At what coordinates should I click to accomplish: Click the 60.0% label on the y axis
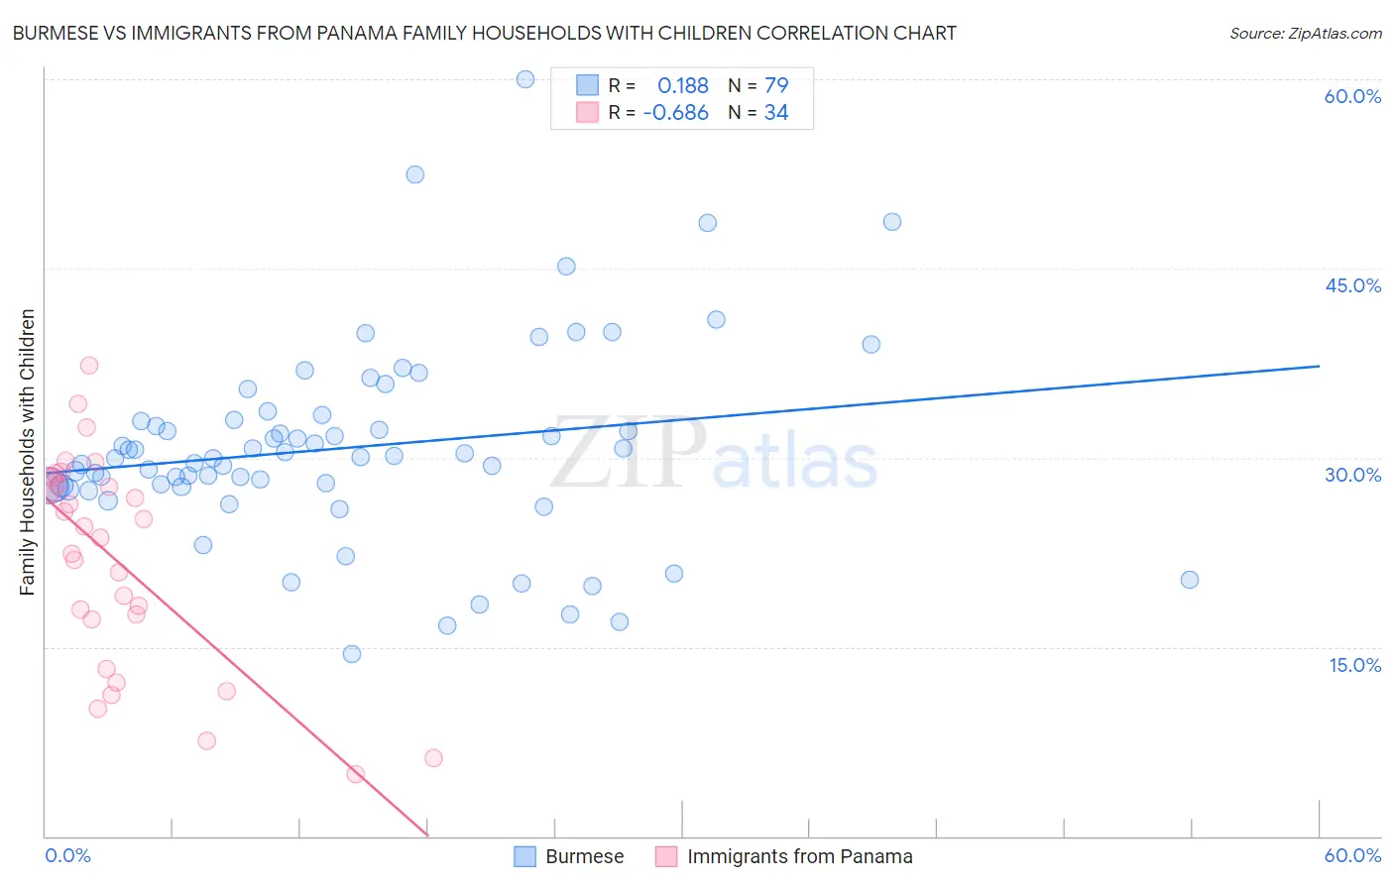[1352, 96]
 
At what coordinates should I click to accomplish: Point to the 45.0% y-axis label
[1352, 285]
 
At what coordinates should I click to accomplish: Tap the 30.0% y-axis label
[1352, 475]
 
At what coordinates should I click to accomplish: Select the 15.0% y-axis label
[1354, 665]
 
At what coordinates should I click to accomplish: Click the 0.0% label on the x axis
[67, 855]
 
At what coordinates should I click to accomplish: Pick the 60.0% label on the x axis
[1352, 855]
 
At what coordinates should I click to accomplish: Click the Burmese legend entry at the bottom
[584, 856]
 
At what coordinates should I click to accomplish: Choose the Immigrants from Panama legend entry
[799, 856]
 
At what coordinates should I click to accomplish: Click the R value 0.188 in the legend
[683, 85]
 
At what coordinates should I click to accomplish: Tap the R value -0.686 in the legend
[675, 113]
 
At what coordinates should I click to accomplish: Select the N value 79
[776, 85]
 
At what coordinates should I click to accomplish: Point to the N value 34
[776, 113]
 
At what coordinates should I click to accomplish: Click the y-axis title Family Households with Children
[28, 452]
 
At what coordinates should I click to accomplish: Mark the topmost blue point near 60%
[525, 79]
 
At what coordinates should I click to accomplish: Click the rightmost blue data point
[1190, 580]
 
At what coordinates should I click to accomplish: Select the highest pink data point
[89, 365]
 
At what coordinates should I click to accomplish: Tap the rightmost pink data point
[433, 758]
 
